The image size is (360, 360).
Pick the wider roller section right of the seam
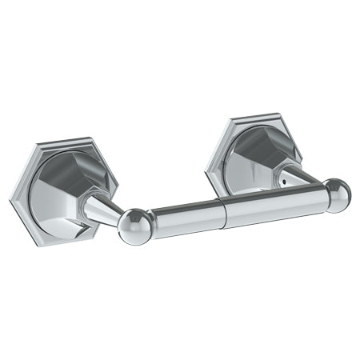click(x=268, y=203)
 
